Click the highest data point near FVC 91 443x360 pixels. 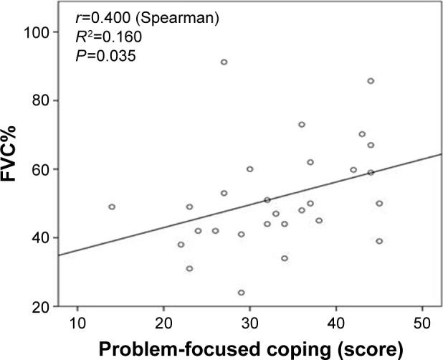click(x=224, y=62)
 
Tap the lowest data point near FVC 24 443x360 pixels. click(x=241, y=293)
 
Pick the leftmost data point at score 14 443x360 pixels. click(x=112, y=207)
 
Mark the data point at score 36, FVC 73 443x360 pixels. click(x=302, y=124)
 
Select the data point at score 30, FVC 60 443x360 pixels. click(x=249, y=169)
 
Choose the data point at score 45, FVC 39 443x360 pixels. click(x=379, y=241)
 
